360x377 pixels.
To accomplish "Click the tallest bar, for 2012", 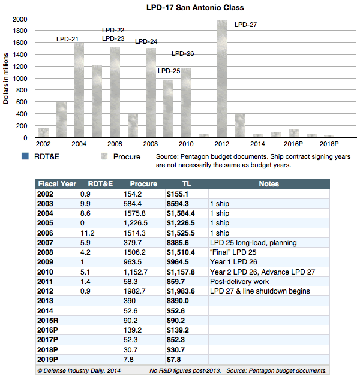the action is click(222, 79).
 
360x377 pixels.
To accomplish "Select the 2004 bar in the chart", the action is click(79, 91).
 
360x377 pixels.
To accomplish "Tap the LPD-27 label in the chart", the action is click(245, 25).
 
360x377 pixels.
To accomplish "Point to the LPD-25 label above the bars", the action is click(169, 71).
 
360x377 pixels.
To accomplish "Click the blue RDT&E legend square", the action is click(25, 156).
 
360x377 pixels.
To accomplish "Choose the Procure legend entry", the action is click(121, 156).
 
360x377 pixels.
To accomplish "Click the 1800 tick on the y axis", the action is click(20, 31).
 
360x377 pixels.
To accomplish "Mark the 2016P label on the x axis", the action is click(293, 144).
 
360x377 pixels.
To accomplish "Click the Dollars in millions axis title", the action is click(5, 79).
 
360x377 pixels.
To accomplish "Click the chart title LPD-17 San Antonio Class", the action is click(195, 7).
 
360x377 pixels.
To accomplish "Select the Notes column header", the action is click(269, 184).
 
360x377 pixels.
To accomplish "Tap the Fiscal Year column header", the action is click(57, 184).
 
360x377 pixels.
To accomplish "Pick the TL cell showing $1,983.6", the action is click(181, 291).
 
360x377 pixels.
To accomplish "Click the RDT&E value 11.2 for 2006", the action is click(88, 233).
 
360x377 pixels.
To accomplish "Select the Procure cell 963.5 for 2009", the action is click(133, 262).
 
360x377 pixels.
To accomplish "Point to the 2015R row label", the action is click(47, 321).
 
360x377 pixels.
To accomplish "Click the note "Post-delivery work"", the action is click(239, 282).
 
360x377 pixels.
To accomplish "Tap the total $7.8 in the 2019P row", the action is click(174, 360).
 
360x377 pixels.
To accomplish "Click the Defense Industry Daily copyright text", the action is click(79, 370).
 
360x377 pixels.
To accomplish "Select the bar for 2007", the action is click(133, 126).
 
